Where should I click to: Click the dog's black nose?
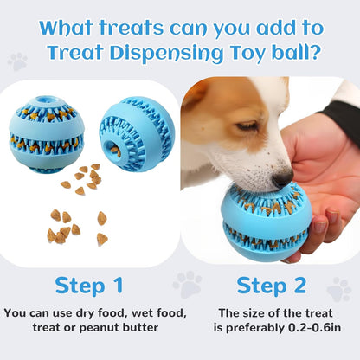(x=283, y=177)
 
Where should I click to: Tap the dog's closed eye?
(x=247, y=125)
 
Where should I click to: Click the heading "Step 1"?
(x=89, y=286)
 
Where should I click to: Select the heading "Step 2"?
(x=271, y=286)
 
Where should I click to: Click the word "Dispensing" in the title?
(x=167, y=54)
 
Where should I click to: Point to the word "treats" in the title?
(x=132, y=28)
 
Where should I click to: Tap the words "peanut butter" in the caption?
(x=119, y=328)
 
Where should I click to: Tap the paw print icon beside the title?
(x=17, y=61)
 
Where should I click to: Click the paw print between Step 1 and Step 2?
(x=187, y=284)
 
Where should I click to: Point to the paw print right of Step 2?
(x=339, y=289)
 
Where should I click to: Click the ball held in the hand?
(x=266, y=222)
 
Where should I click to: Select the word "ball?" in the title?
(x=296, y=52)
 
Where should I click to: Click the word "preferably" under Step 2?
(x=255, y=328)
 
